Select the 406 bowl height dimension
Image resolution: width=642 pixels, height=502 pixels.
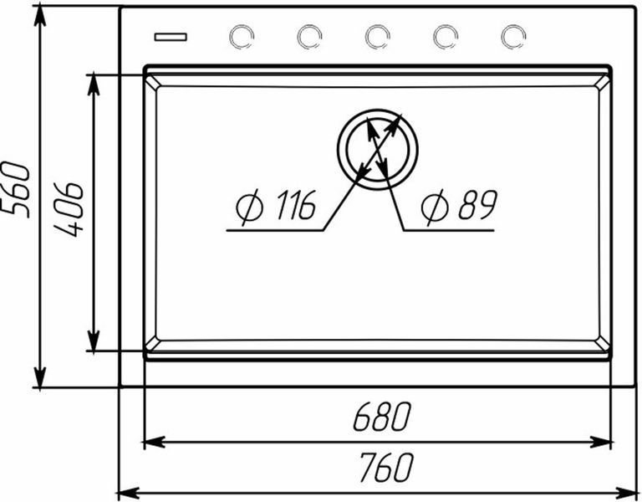pyautogui.click(x=69, y=210)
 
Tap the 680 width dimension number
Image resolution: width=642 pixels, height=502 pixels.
pyautogui.click(x=381, y=417)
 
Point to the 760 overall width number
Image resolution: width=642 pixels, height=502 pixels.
pyautogui.click(x=385, y=467)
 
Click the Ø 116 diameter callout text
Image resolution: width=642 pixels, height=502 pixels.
pyautogui.click(x=276, y=206)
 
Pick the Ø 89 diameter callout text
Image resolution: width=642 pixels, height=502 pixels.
pyautogui.click(x=459, y=206)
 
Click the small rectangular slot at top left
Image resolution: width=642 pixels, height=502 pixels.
pyautogui.click(x=171, y=37)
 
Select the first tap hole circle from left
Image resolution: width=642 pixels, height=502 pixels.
pyautogui.click(x=242, y=37)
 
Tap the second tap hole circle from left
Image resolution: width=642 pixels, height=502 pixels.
pyautogui.click(x=309, y=37)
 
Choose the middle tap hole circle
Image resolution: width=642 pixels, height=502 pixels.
pyautogui.click(x=377, y=37)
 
